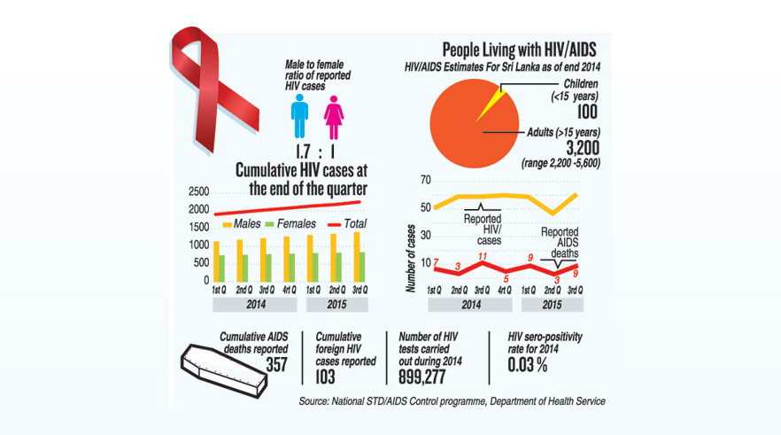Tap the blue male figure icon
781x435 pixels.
[301, 119]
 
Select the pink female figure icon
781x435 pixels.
[334, 119]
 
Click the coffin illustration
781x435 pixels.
[224, 364]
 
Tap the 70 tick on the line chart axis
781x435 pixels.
[425, 181]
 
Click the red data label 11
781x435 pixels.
[482, 257]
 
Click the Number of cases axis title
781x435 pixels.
[411, 259]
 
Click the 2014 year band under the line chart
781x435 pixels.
[470, 304]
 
